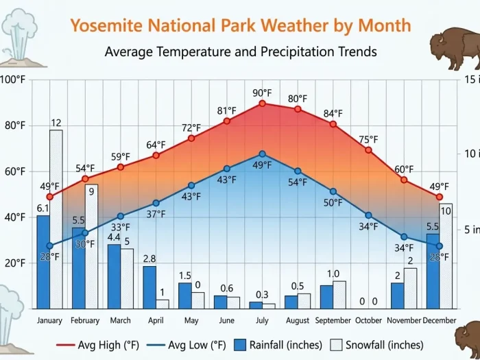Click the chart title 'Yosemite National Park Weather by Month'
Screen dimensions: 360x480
pyautogui.click(x=241, y=26)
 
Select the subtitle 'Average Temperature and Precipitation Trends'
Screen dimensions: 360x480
pyautogui.click(x=241, y=52)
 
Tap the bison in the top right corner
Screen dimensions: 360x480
pyautogui.click(x=454, y=50)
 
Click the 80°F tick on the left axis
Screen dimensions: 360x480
pyautogui.click(x=14, y=125)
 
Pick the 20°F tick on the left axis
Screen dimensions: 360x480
pyautogui.click(x=14, y=263)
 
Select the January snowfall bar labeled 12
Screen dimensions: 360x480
pyautogui.click(x=56, y=219)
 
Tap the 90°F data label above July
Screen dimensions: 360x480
pyautogui.click(x=261, y=93)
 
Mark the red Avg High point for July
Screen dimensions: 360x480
pyautogui.click(x=262, y=104)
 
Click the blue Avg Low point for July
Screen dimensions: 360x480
pyautogui.click(x=262, y=154)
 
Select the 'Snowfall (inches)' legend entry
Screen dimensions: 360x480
pyautogui.click(x=377, y=344)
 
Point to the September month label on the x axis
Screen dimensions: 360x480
pyautogui.click(x=333, y=320)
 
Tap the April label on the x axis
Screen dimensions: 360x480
pyautogui.click(x=156, y=320)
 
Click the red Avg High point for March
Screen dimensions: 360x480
pyautogui.click(x=121, y=167)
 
